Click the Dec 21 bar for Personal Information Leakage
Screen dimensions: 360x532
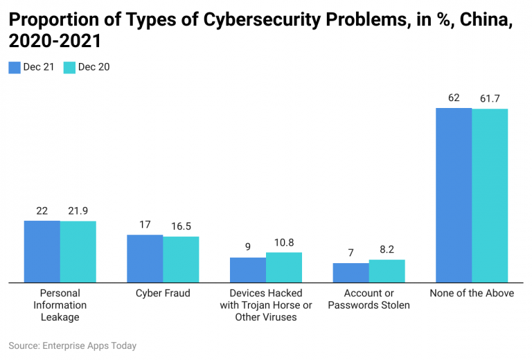(42, 251)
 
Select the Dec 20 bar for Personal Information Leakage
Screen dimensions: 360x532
(78, 251)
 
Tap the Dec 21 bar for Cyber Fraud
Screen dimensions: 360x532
(145, 258)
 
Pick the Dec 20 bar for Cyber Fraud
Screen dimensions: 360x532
(181, 260)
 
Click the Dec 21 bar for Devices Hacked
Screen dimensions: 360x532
(248, 270)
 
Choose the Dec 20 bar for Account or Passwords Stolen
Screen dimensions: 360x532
(387, 271)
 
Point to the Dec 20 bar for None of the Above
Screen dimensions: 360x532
(490, 195)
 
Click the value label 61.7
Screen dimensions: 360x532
(490, 98)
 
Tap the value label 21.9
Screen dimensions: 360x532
(78, 210)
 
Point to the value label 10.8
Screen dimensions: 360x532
(284, 242)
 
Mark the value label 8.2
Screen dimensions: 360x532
(387, 250)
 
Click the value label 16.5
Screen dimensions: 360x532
(181, 226)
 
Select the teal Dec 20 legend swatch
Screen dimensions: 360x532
(69, 67)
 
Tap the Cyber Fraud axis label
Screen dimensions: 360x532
(163, 294)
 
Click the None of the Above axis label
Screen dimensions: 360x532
(472, 294)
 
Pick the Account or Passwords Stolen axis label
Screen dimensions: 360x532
(369, 299)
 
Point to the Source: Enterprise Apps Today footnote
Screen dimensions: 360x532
(73, 345)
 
